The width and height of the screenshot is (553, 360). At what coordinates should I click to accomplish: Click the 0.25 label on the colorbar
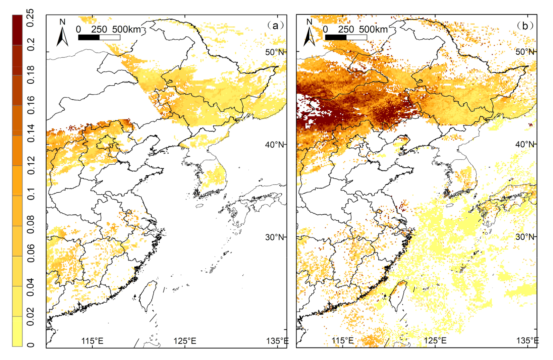point(30,18)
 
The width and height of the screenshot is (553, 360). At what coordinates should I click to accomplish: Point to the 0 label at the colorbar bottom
point(30,344)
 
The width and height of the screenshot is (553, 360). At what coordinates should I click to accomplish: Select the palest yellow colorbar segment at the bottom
point(17,331)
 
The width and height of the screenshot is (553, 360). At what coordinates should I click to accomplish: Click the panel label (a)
point(275,25)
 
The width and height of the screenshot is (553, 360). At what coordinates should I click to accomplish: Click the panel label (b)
point(525,25)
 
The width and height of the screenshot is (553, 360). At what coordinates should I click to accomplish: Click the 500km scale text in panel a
point(126,29)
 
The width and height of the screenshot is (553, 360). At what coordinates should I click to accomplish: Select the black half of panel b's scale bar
point(335,37)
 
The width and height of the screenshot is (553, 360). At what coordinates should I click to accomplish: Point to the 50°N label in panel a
point(274,52)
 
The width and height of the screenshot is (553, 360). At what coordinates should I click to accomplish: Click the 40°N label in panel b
point(525,144)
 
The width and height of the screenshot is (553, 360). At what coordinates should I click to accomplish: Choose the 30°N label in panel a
point(274,237)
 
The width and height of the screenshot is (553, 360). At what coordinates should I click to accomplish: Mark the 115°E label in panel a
point(92,341)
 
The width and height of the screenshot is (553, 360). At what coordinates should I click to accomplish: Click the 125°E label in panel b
point(435,341)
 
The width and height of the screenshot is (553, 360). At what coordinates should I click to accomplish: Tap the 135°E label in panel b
point(527,341)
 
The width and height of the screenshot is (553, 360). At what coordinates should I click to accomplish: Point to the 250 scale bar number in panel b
point(346,29)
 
